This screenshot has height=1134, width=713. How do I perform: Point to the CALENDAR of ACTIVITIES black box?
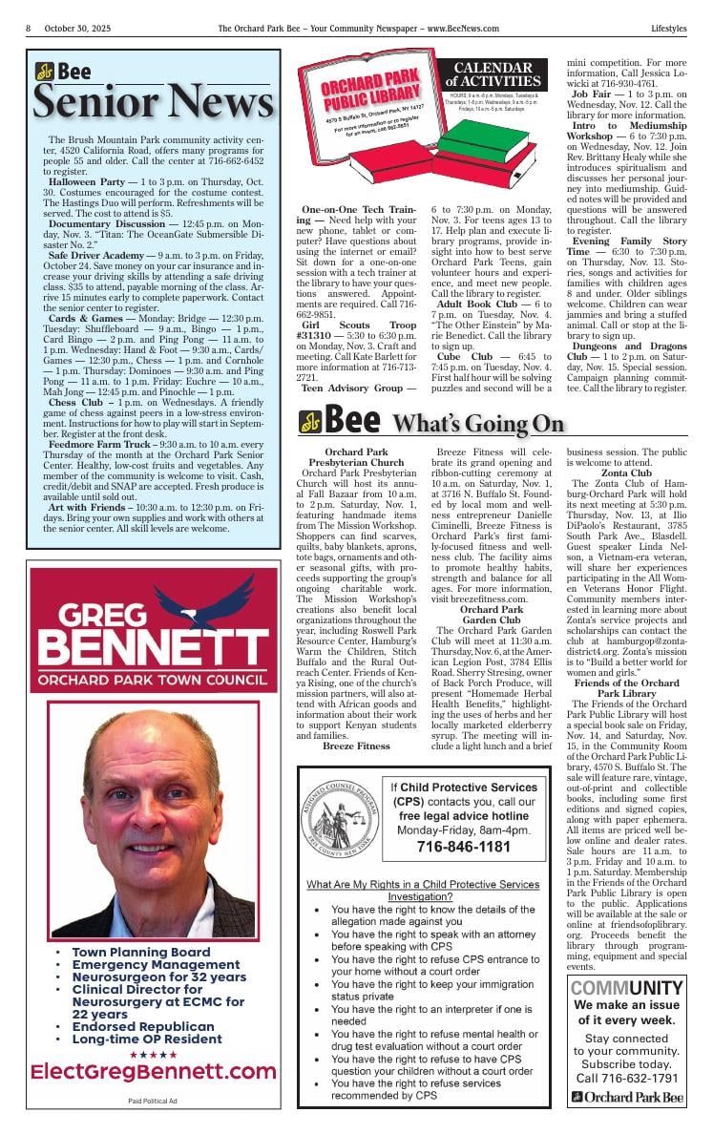click(492, 74)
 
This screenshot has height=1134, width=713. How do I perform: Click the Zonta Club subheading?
click(626, 472)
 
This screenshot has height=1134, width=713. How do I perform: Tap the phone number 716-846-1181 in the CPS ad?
click(463, 847)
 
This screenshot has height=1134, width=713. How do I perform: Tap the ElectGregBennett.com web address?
click(154, 1072)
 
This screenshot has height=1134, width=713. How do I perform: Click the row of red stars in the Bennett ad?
click(154, 1054)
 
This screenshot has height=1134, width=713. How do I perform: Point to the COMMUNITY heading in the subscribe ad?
click(626, 988)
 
